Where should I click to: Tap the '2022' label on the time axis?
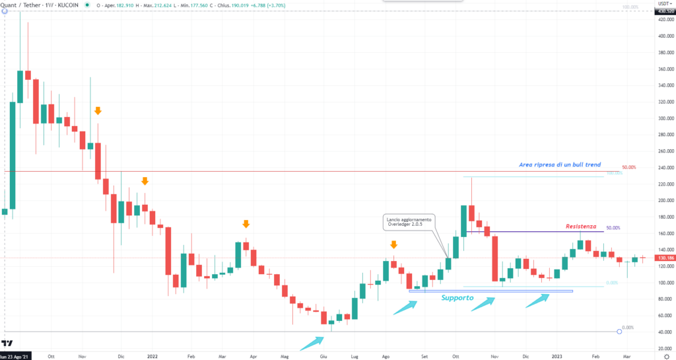point(152,355)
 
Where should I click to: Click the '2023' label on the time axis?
point(558,355)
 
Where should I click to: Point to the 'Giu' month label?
point(323,355)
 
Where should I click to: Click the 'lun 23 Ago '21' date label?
point(15,355)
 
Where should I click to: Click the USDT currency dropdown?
point(663,4)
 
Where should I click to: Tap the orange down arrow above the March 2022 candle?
point(246,224)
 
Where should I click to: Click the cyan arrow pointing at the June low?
point(312,342)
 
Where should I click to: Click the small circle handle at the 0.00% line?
point(619,331)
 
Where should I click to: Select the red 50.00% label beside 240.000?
point(629,168)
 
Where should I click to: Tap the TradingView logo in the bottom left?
point(8,343)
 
